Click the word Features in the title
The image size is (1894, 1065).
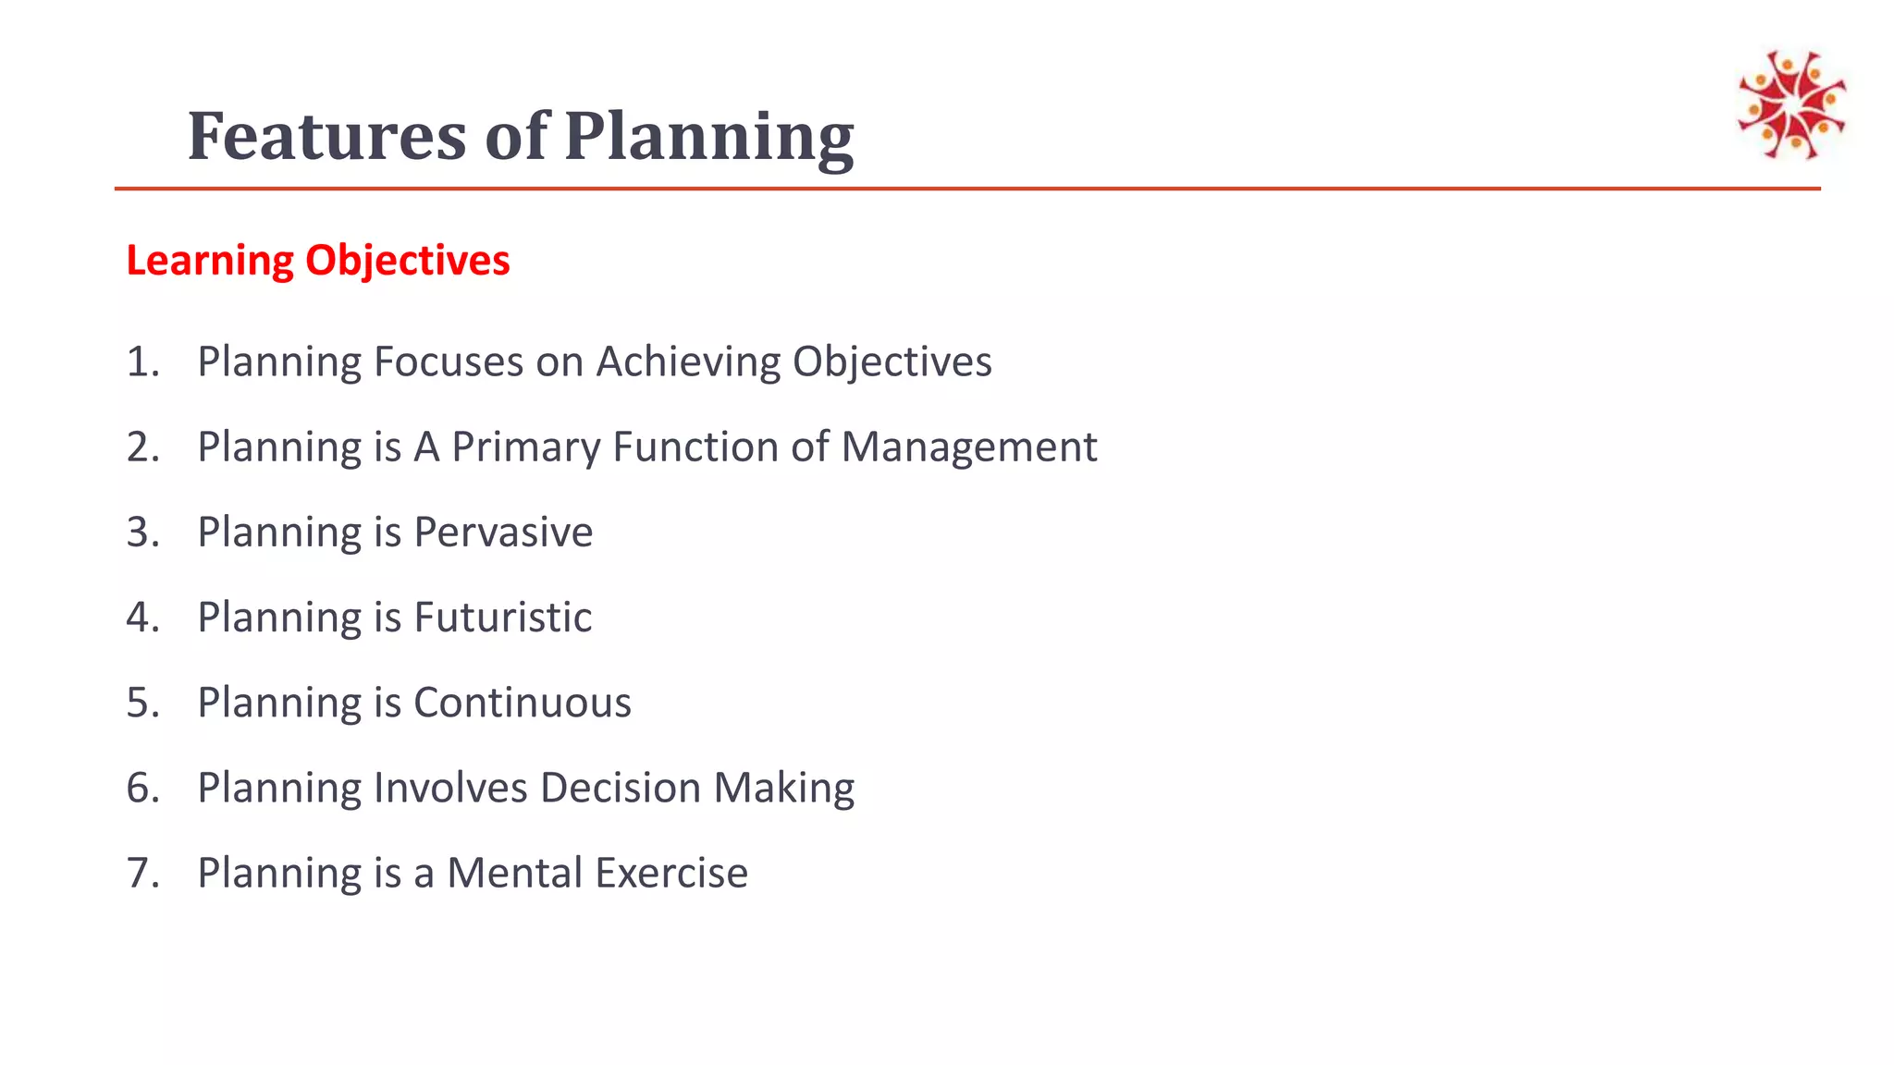pyautogui.click(x=326, y=136)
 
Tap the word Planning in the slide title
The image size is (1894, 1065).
pyautogui.click(x=708, y=136)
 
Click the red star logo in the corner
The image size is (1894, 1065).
pyautogui.click(x=1791, y=104)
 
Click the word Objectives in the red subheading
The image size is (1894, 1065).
pyautogui.click(x=407, y=261)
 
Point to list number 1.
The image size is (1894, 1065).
pyautogui.click(x=141, y=361)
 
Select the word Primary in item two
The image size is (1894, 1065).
pyautogui.click(x=525, y=447)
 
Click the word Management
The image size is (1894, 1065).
pyautogui.click(x=968, y=447)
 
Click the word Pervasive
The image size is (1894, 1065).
pyautogui.click(x=503, y=532)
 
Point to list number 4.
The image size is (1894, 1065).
pyautogui.click(x=141, y=618)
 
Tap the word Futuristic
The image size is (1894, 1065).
pyautogui.click(x=503, y=618)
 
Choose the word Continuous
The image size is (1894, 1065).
pyautogui.click(x=523, y=703)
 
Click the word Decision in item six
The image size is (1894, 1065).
pyautogui.click(x=620, y=789)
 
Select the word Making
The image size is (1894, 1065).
pyautogui.click(x=783, y=789)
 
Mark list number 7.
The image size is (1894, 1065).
pyautogui.click(x=141, y=874)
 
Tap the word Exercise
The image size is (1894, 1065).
pyautogui.click(x=671, y=874)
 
